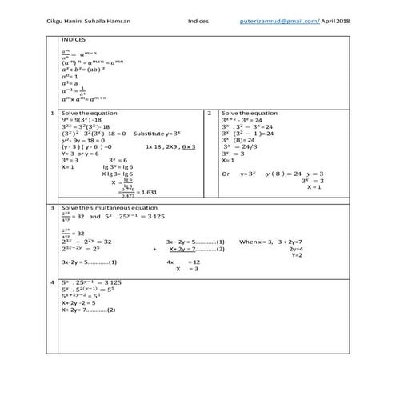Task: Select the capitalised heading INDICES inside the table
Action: pos(74,38)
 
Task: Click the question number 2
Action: pos(210,114)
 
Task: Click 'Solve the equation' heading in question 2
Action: pos(250,114)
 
